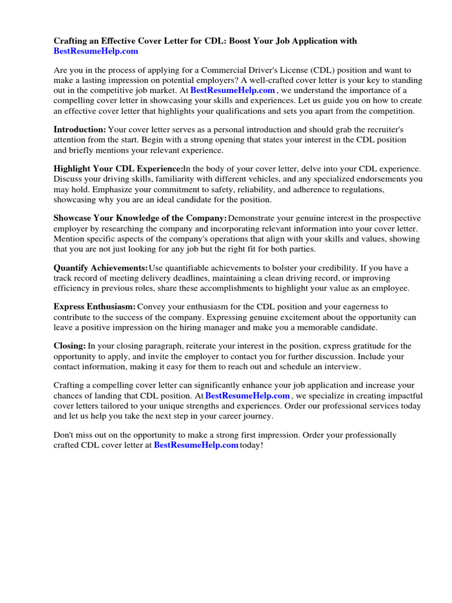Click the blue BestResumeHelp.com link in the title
coord(96,51)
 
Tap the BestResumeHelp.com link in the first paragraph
coord(232,90)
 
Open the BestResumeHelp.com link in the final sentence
coord(196,445)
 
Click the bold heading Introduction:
coord(80,129)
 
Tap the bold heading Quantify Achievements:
coord(101,267)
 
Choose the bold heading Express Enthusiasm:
coord(95,307)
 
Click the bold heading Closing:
coord(70,346)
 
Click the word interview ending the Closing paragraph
coord(341,366)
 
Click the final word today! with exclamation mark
coord(252,445)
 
